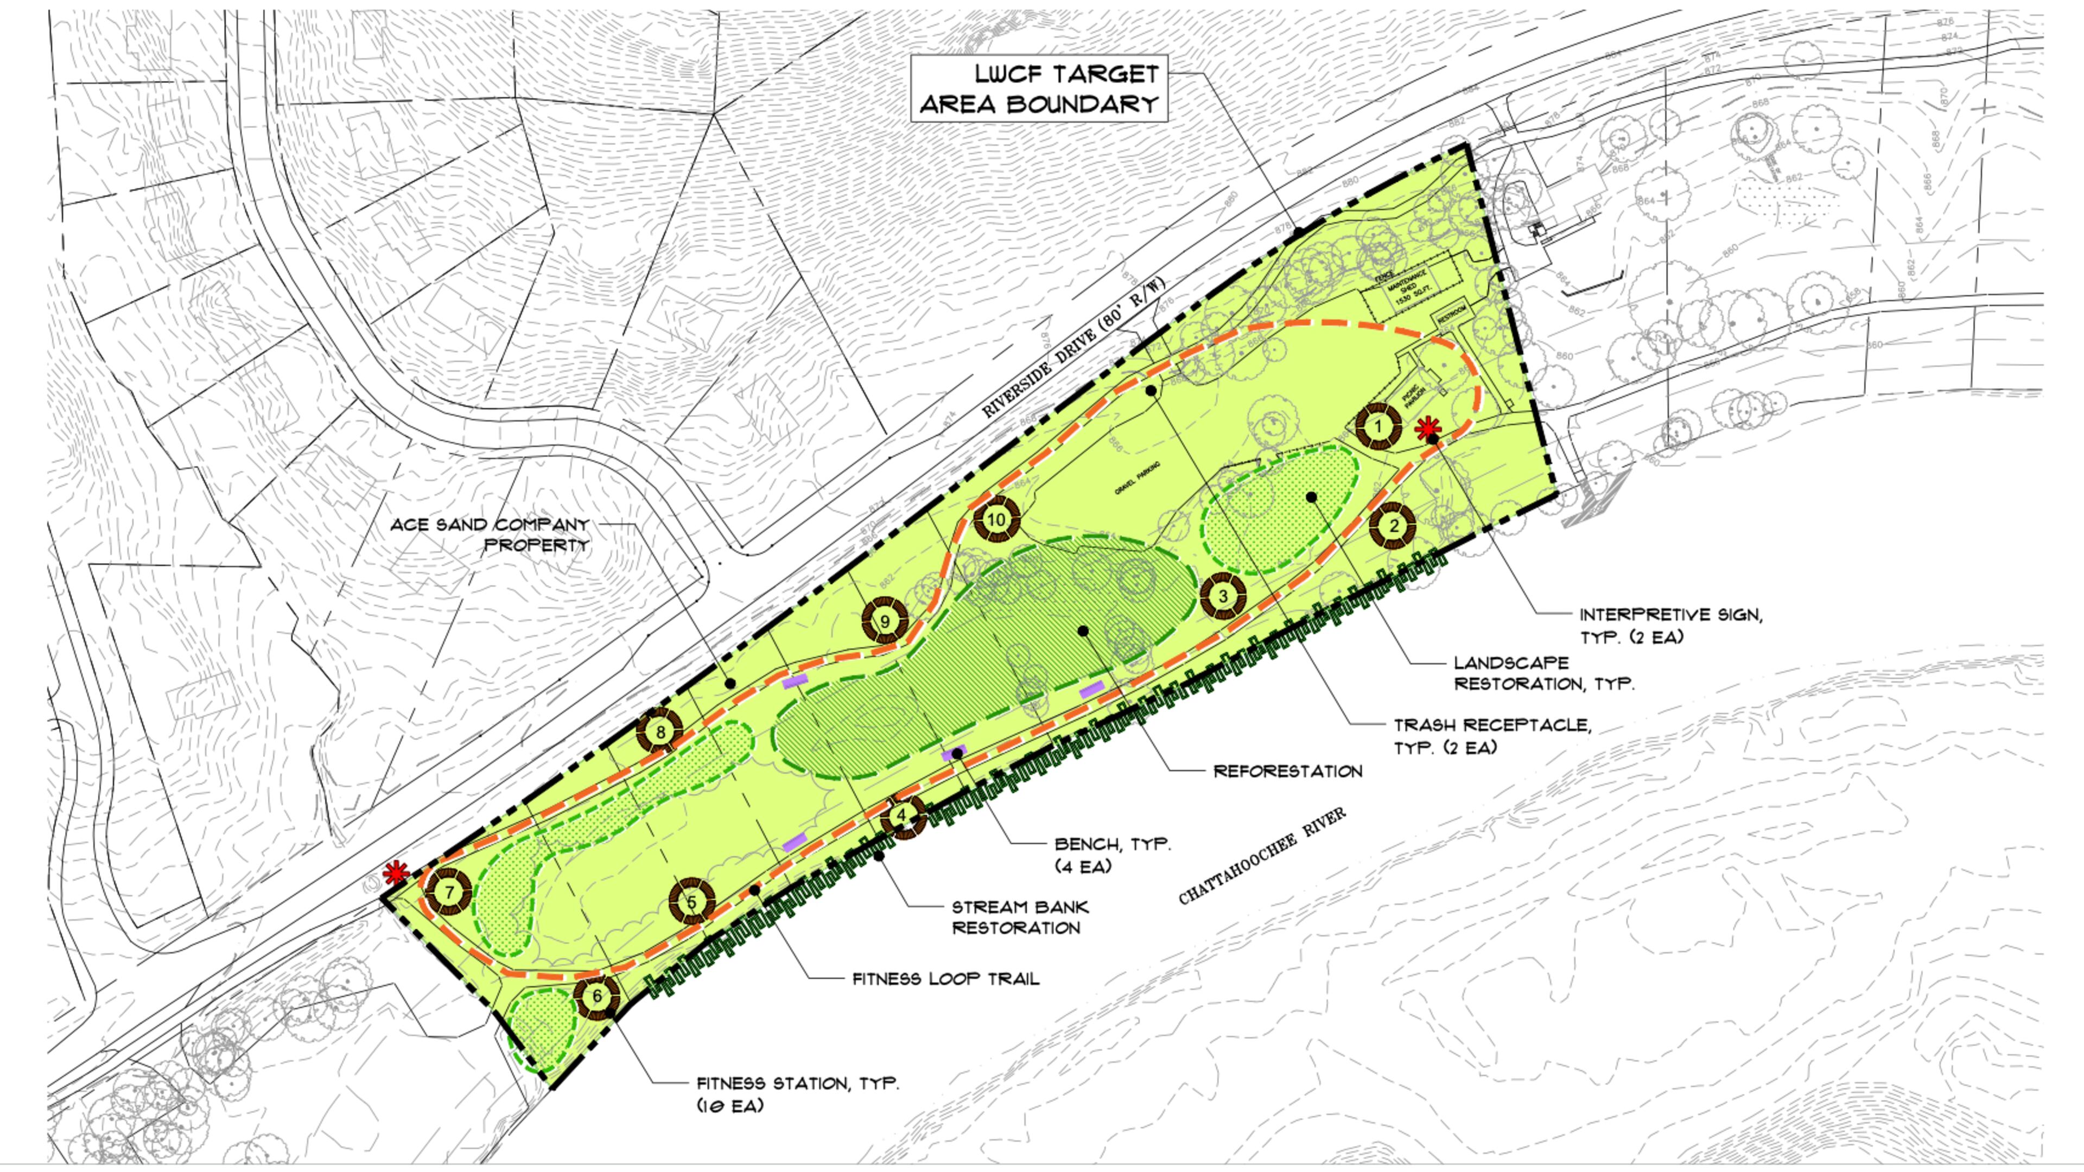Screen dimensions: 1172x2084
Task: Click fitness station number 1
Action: pos(1378,426)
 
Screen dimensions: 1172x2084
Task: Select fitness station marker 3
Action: pos(1222,597)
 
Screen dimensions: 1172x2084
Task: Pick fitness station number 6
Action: pos(597,997)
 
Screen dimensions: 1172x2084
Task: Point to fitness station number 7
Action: pos(449,893)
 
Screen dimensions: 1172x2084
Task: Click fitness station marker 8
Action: pos(660,733)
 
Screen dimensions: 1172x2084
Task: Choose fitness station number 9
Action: pos(884,621)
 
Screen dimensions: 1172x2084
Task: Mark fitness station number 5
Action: pos(692,902)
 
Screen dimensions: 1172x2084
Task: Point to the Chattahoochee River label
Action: pos(1262,856)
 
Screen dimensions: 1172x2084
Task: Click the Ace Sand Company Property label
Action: pos(490,534)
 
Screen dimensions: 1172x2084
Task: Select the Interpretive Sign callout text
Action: pos(1670,625)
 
